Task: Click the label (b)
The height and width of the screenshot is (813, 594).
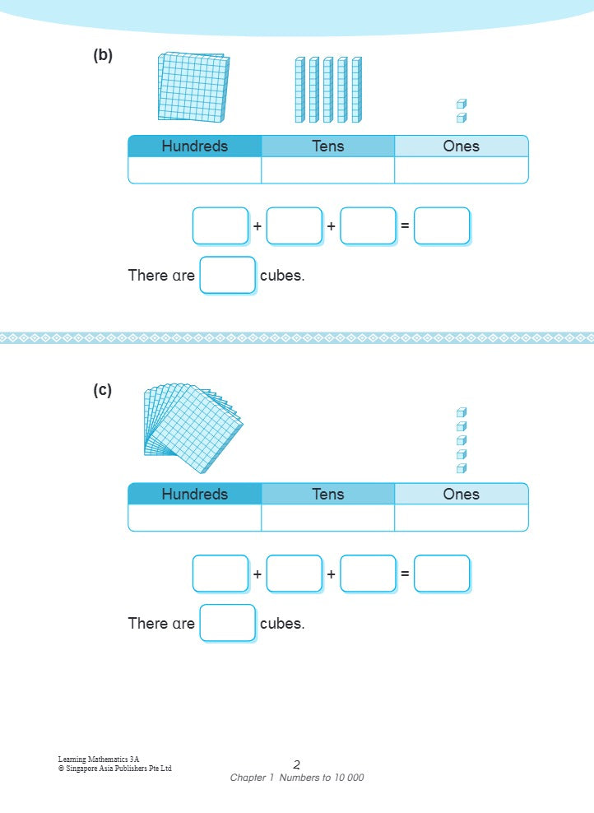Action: (103, 56)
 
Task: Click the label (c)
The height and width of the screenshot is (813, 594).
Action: (103, 390)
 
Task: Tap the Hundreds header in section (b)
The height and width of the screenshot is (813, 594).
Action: (195, 146)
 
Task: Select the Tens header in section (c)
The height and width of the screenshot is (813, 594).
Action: (327, 495)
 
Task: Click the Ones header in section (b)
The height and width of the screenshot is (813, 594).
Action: (461, 146)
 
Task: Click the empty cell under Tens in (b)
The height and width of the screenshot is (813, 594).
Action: (327, 170)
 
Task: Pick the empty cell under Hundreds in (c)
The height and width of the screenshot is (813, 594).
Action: (195, 518)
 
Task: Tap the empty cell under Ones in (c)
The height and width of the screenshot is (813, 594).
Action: (461, 518)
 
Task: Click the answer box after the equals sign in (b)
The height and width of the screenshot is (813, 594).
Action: (442, 225)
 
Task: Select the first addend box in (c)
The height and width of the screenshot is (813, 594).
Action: (220, 574)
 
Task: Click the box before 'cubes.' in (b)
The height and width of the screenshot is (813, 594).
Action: (228, 275)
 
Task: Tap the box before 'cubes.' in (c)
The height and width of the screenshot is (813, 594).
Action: (228, 623)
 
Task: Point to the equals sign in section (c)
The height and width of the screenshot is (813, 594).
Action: (405, 574)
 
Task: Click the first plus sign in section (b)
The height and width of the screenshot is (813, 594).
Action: (258, 225)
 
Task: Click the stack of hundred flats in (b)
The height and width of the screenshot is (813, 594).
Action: (193, 87)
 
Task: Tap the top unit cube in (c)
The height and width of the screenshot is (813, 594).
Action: (462, 413)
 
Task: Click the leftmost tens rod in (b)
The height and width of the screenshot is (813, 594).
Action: (300, 90)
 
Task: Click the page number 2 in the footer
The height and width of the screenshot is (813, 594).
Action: (297, 764)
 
